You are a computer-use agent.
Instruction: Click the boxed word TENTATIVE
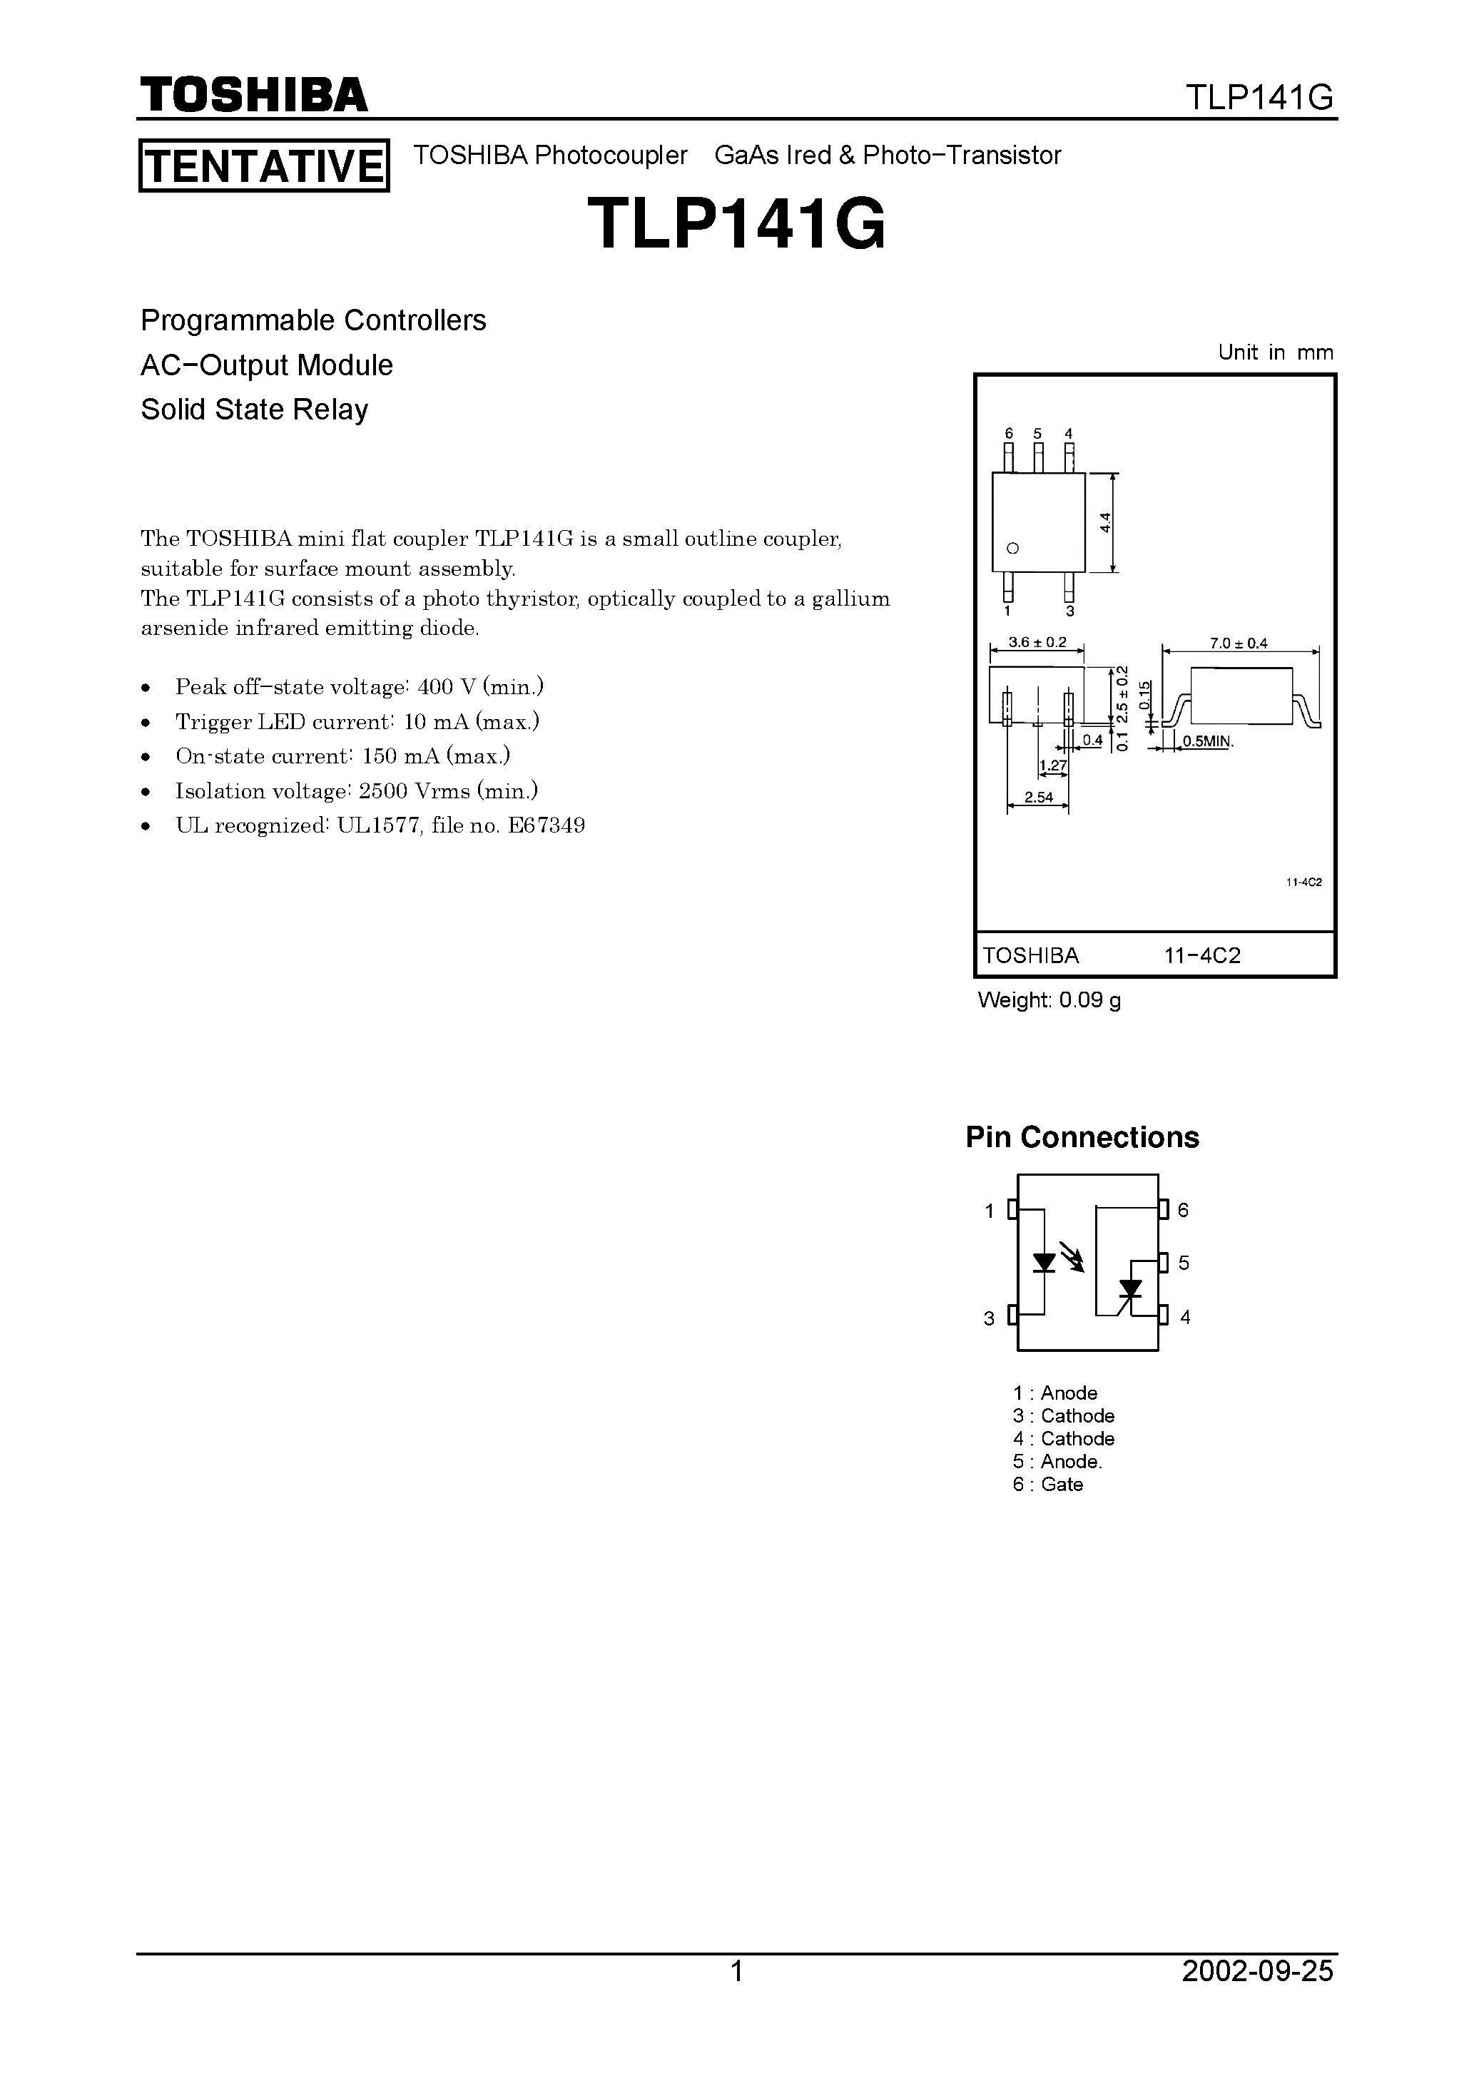[263, 166]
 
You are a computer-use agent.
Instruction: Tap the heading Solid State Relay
[255, 409]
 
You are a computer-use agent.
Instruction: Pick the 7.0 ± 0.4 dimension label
[1238, 643]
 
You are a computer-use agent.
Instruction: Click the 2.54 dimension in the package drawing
[1038, 798]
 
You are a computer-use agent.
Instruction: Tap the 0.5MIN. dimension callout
[1208, 741]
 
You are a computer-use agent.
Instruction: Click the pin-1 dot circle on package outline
[1013, 549]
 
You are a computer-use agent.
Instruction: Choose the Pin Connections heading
[1082, 1136]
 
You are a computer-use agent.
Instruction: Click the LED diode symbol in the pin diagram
[1044, 1263]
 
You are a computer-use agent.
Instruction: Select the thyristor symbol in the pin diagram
[1129, 1288]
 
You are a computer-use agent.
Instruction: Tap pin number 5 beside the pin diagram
[1183, 1263]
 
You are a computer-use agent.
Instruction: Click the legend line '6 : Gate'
[1048, 1484]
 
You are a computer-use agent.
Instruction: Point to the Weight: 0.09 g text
[1049, 1000]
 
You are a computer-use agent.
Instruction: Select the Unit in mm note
[1276, 352]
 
